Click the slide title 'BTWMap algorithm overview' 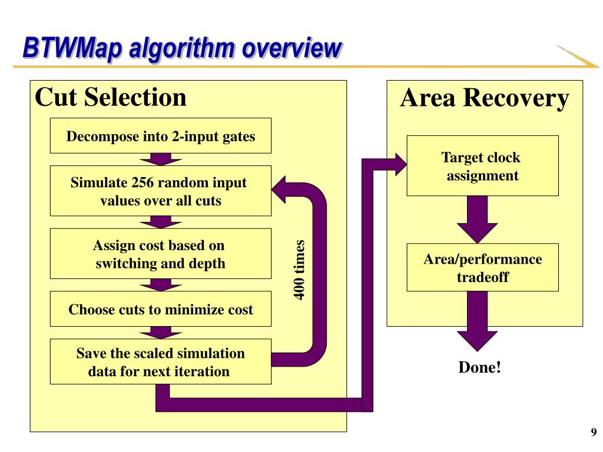click(x=182, y=48)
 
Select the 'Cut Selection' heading click(x=111, y=97)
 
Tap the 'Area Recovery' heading click(x=485, y=98)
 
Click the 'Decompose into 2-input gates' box click(x=161, y=136)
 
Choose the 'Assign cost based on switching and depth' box click(x=161, y=254)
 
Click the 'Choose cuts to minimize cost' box click(x=161, y=309)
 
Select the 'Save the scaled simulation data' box click(x=161, y=362)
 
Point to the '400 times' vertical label click(x=299, y=270)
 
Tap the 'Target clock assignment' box click(x=483, y=165)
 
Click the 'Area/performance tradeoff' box click(x=483, y=268)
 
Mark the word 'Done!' click(x=479, y=367)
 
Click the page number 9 click(x=594, y=432)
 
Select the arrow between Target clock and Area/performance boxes click(x=477, y=220)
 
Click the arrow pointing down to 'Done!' click(x=477, y=321)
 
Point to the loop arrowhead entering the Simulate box click(x=279, y=190)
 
